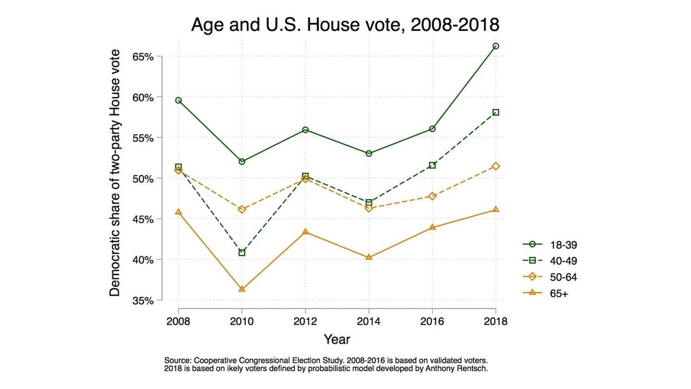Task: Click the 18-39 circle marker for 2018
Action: pos(496,46)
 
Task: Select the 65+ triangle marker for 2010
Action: pos(242,289)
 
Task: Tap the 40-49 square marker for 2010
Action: pos(242,253)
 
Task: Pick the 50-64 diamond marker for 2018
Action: pos(496,166)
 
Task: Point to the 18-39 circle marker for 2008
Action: pos(179,100)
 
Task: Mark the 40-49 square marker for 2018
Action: pos(496,112)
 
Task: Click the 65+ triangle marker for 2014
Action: pos(369,257)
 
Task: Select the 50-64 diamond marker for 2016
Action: pos(432,196)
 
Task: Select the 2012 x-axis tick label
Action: pos(306,321)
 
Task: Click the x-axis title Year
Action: pos(337,339)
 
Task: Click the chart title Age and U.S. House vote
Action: pos(345,25)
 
